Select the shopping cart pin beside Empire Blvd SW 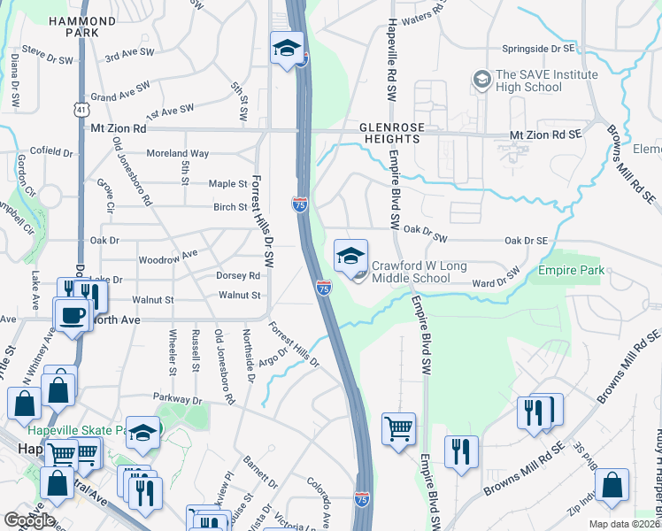coord(398,429)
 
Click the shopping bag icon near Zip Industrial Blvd coord(612,486)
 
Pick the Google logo coord(29,519)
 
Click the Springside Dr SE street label coord(537,49)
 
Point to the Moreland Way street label coord(178,153)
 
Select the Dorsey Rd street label coord(238,275)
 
